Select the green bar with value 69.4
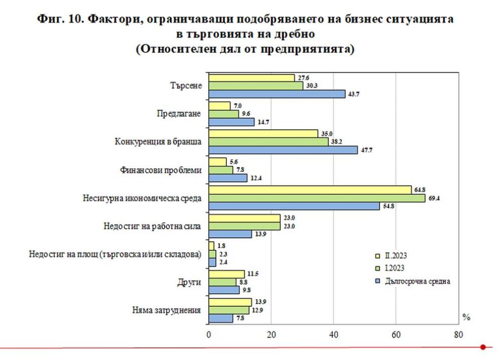click(x=317, y=198)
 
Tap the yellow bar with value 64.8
click(x=310, y=190)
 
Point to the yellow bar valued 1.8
click(x=211, y=245)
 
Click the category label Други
click(x=189, y=282)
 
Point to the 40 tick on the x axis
click(x=333, y=335)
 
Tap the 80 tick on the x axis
click(x=458, y=335)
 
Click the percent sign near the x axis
click(x=466, y=317)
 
